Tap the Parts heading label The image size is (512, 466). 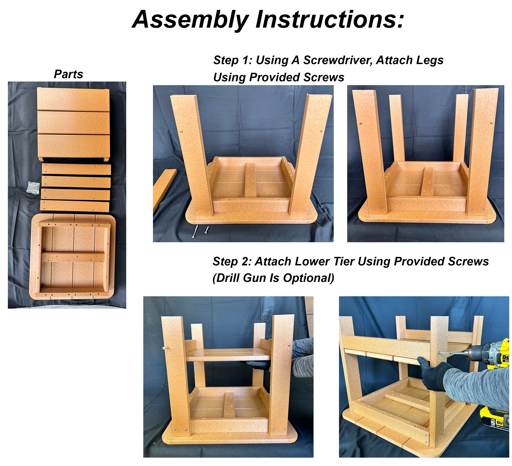click(x=69, y=74)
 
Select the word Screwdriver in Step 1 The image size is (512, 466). click(x=338, y=60)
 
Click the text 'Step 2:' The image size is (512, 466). click(x=232, y=261)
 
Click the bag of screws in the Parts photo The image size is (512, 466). click(x=33, y=188)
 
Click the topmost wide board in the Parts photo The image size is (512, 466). click(x=73, y=99)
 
